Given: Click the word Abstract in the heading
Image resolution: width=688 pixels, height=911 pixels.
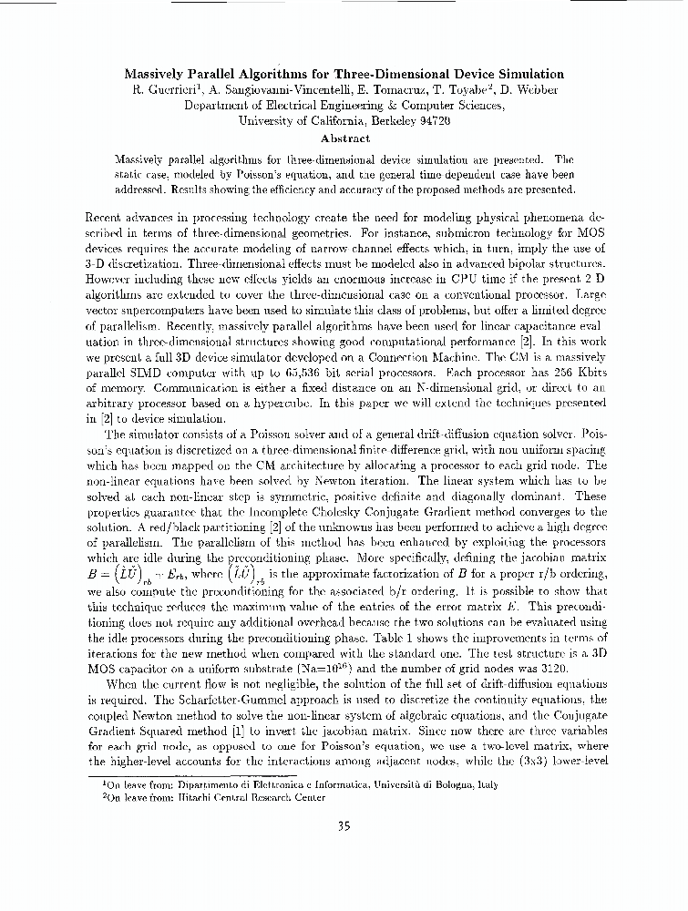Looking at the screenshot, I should (344, 138).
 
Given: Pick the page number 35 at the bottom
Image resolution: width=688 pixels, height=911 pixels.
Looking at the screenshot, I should (344, 827).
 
